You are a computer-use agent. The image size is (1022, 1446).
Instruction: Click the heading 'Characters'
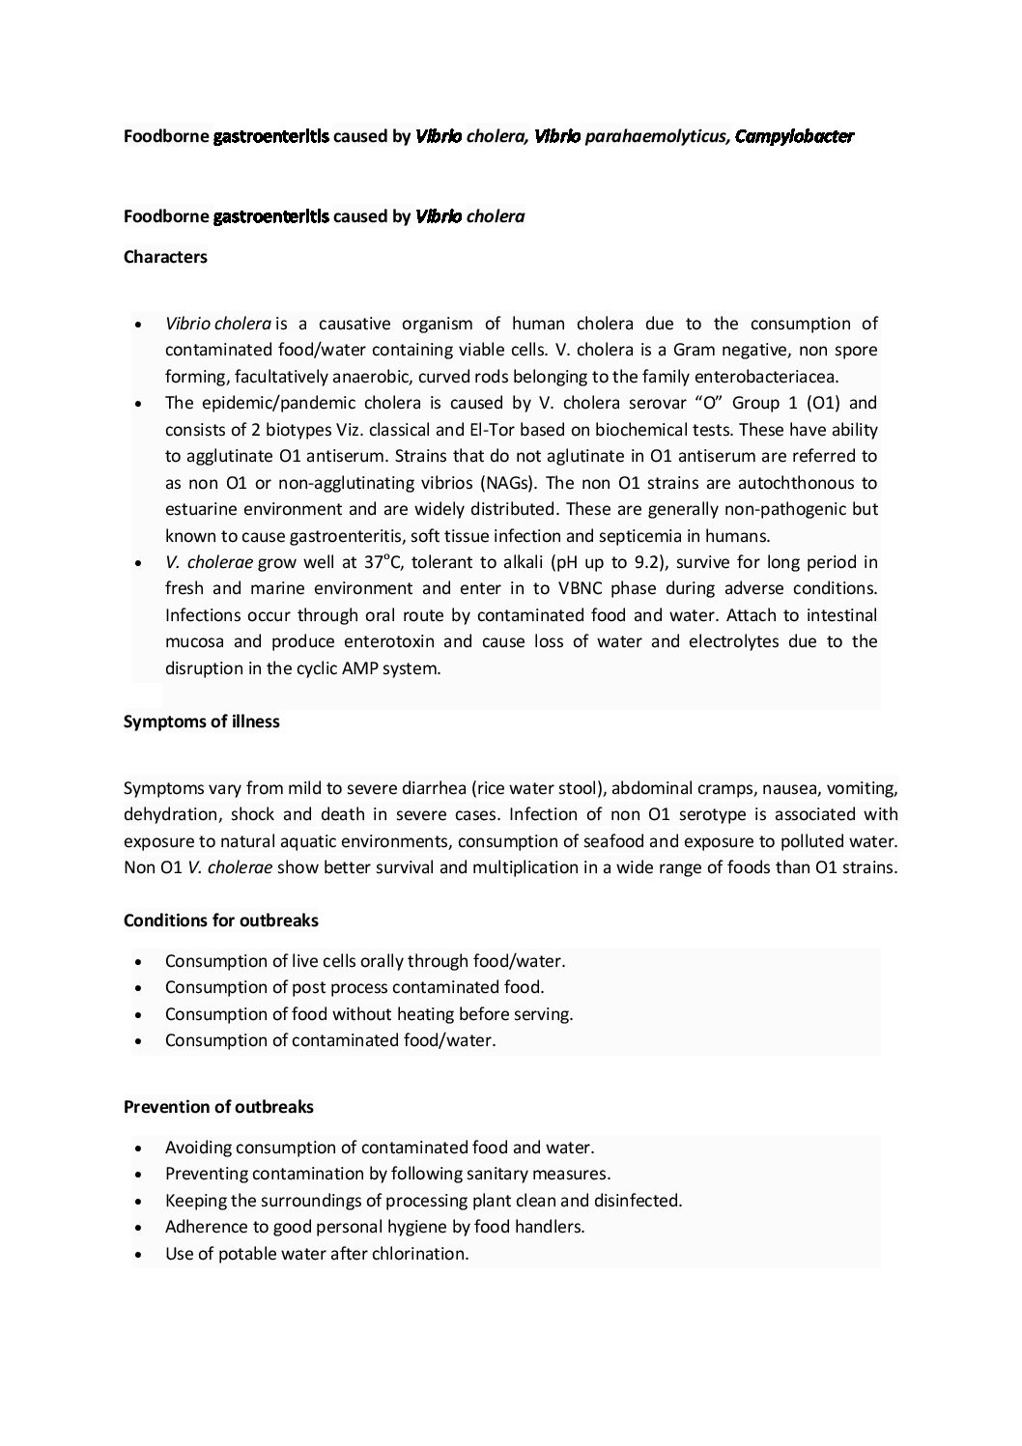165,258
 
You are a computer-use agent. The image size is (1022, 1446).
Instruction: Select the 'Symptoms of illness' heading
202,722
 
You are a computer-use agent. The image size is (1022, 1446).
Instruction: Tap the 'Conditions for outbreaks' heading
221,921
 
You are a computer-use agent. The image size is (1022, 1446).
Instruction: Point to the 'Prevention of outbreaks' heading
218,1107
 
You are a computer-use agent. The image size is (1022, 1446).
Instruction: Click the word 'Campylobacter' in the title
794,137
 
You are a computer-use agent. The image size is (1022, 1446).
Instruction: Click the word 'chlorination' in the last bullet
420,1254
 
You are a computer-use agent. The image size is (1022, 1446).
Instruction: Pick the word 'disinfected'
634,1201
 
